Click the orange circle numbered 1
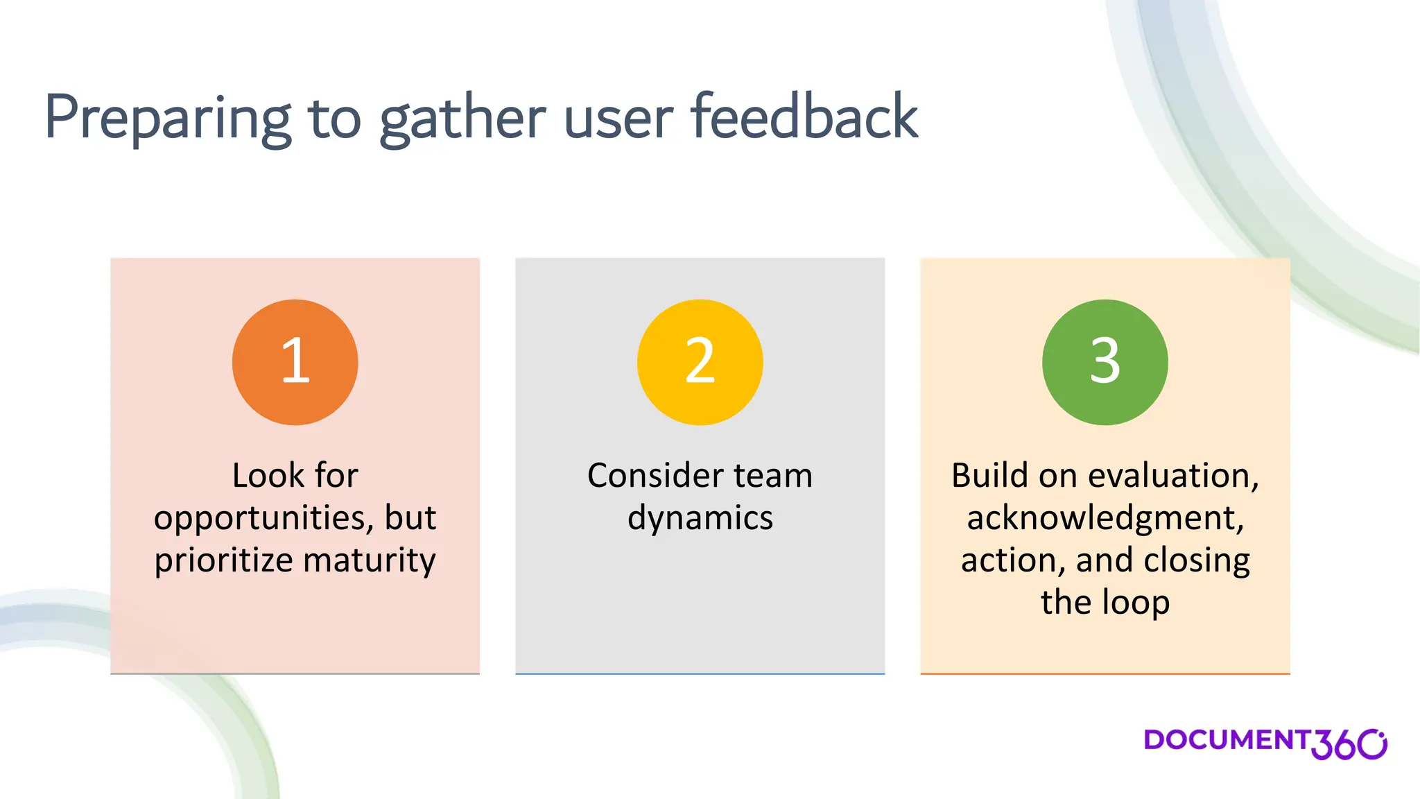(295, 362)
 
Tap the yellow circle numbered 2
(700, 362)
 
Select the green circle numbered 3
(1105, 362)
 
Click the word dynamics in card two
(700, 519)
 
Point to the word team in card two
(773, 476)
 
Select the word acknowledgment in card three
(1105, 519)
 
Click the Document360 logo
(1265, 743)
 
